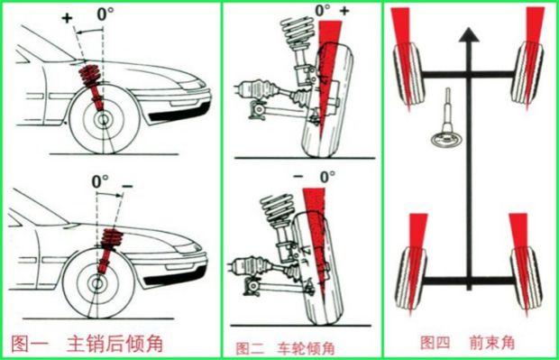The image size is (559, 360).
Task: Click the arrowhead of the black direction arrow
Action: [x=465, y=36]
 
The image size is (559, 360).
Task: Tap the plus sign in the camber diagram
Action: [x=344, y=11]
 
